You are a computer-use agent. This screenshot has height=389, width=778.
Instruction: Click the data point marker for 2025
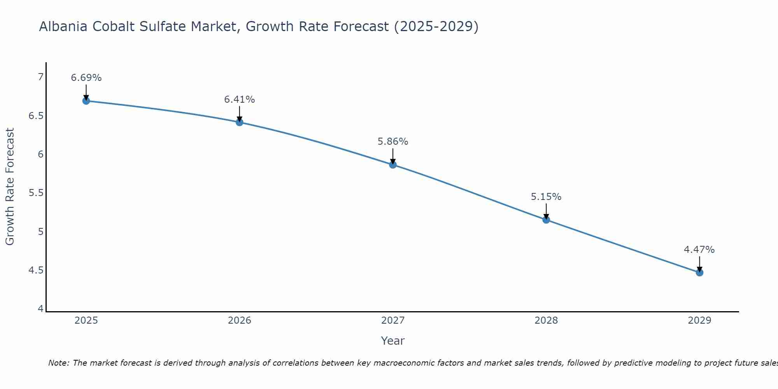tap(86, 101)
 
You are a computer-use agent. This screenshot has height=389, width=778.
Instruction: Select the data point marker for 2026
tap(239, 122)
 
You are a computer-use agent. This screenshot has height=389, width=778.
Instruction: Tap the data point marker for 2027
tap(393, 165)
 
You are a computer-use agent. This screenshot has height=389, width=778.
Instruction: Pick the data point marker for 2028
tap(546, 220)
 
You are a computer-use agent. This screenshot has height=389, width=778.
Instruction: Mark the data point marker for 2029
tap(699, 272)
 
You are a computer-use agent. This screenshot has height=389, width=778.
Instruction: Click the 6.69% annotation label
tap(86, 78)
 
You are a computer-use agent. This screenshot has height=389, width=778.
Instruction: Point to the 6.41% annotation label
tap(239, 100)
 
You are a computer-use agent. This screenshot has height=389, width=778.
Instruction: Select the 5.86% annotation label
tap(393, 142)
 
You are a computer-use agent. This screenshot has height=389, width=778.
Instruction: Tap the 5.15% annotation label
tap(546, 197)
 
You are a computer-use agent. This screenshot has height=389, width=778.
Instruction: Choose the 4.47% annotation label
tap(699, 250)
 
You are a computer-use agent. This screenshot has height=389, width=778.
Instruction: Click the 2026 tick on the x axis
tap(239, 321)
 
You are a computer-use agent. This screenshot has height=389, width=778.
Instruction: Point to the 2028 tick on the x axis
tap(546, 321)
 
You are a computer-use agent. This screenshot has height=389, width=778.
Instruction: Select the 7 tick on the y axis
tap(40, 77)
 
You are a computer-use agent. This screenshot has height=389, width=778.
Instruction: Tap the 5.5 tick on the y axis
tap(36, 193)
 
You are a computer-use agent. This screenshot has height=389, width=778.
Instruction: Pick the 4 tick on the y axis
tap(40, 309)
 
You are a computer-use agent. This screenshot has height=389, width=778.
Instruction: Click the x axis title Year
tap(393, 341)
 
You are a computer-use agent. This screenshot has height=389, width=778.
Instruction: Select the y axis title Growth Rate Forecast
tap(10, 187)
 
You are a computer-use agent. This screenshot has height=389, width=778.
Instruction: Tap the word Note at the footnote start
tap(59, 363)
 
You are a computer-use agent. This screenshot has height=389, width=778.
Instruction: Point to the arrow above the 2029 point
tap(699, 264)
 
